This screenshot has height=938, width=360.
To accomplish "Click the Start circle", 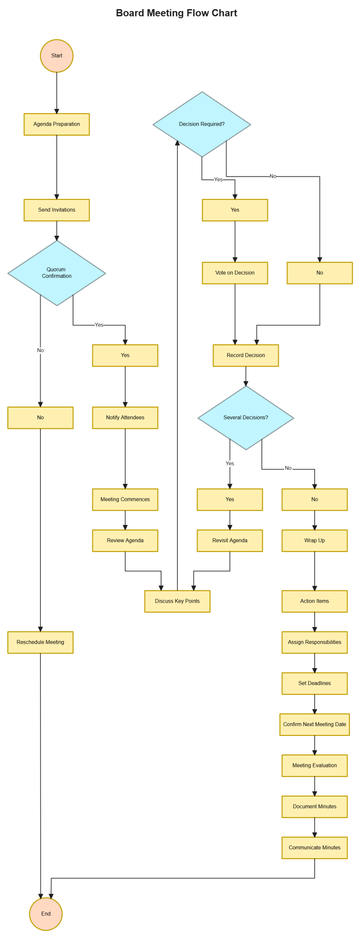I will (x=56, y=56).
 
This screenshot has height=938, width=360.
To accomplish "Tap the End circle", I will (x=46, y=914).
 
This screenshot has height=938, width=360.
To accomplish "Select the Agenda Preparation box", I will (x=56, y=124).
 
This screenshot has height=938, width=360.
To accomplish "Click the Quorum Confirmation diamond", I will (x=56, y=273).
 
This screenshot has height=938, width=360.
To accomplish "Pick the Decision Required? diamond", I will (x=202, y=124).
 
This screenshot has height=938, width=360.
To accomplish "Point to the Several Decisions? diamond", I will (x=246, y=417).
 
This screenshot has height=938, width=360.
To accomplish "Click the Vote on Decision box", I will (x=235, y=273).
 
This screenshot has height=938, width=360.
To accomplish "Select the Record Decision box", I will (x=246, y=355).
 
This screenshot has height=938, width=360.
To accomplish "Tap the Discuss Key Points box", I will (x=177, y=601).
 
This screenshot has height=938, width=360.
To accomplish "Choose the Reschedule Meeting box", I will (x=40, y=642).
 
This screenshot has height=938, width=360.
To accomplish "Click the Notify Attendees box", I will (x=125, y=417).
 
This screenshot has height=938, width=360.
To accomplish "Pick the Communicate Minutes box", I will (x=314, y=847).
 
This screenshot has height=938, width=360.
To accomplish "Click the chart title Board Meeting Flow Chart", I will (x=176, y=13).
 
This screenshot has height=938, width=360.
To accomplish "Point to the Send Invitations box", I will (x=56, y=210).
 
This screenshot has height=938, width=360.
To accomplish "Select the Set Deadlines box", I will (x=314, y=683).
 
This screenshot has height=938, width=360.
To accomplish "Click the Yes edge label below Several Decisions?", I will (x=230, y=463).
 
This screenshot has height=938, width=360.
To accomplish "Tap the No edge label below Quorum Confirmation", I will (x=40, y=350).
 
